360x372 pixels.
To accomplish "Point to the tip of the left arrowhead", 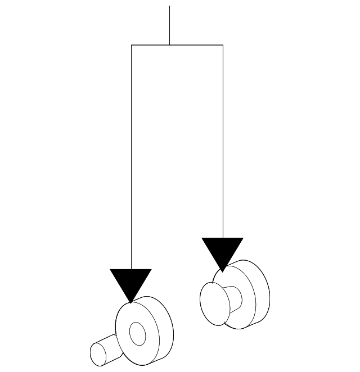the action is click(x=131, y=302).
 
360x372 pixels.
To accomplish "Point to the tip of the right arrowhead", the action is click(x=223, y=271).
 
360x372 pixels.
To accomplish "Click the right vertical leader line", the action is click(x=223, y=140).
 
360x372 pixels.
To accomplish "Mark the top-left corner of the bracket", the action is click(x=131, y=45).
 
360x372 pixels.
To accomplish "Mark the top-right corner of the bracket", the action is click(x=223, y=45).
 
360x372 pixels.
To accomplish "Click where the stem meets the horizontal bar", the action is click(x=169, y=45).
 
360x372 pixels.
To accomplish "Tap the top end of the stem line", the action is click(x=169, y=6).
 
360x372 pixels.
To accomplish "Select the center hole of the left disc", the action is click(x=137, y=334).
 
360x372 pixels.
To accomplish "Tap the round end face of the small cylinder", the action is click(x=98, y=352).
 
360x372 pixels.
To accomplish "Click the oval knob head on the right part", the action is click(x=214, y=302).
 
